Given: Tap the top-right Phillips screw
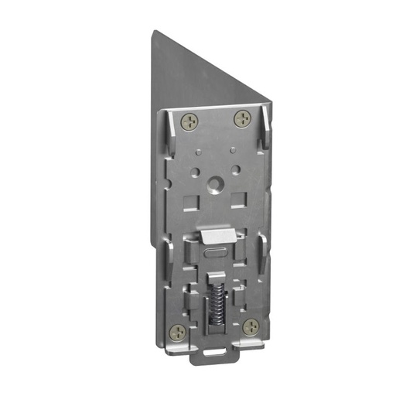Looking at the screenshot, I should click(243, 119).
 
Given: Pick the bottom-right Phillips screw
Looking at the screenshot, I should click(249, 326).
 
